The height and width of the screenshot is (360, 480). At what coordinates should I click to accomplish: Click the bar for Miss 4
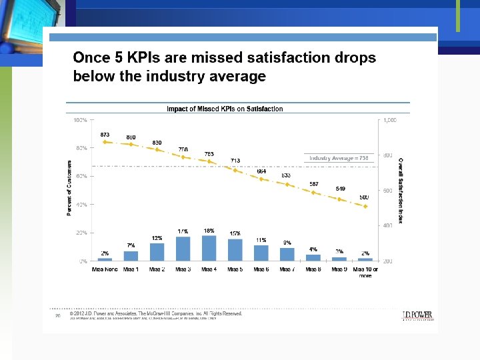(x=209, y=248)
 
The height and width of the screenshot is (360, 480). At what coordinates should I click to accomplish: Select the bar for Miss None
(x=105, y=259)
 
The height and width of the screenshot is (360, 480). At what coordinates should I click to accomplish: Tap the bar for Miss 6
(x=261, y=253)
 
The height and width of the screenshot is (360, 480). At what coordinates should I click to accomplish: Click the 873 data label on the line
(x=105, y=135)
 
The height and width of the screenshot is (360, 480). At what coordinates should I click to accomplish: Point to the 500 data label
(x=364, y=197)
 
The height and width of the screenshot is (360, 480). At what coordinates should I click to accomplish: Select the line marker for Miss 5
(x=235, y=170)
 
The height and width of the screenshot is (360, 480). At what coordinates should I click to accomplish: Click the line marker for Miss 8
(x=313, y=192)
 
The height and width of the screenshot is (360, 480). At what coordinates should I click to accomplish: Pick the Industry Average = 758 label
(x=339, y=158)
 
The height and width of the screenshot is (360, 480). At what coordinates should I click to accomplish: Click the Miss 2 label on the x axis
(x=157, y=269)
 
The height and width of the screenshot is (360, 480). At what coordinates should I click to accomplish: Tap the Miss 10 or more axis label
(x=365, y=272)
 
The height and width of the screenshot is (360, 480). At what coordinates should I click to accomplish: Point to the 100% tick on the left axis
(x=80, y=120)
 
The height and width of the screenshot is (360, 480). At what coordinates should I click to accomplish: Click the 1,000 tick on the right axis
(x=390, y=120)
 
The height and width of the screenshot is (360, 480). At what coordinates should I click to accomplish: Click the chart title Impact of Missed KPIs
(x=225, y=109)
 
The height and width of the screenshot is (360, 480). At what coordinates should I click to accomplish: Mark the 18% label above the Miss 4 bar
(x=209, y=231)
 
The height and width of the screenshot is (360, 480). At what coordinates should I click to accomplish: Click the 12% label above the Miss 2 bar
(x=157, y=238)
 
